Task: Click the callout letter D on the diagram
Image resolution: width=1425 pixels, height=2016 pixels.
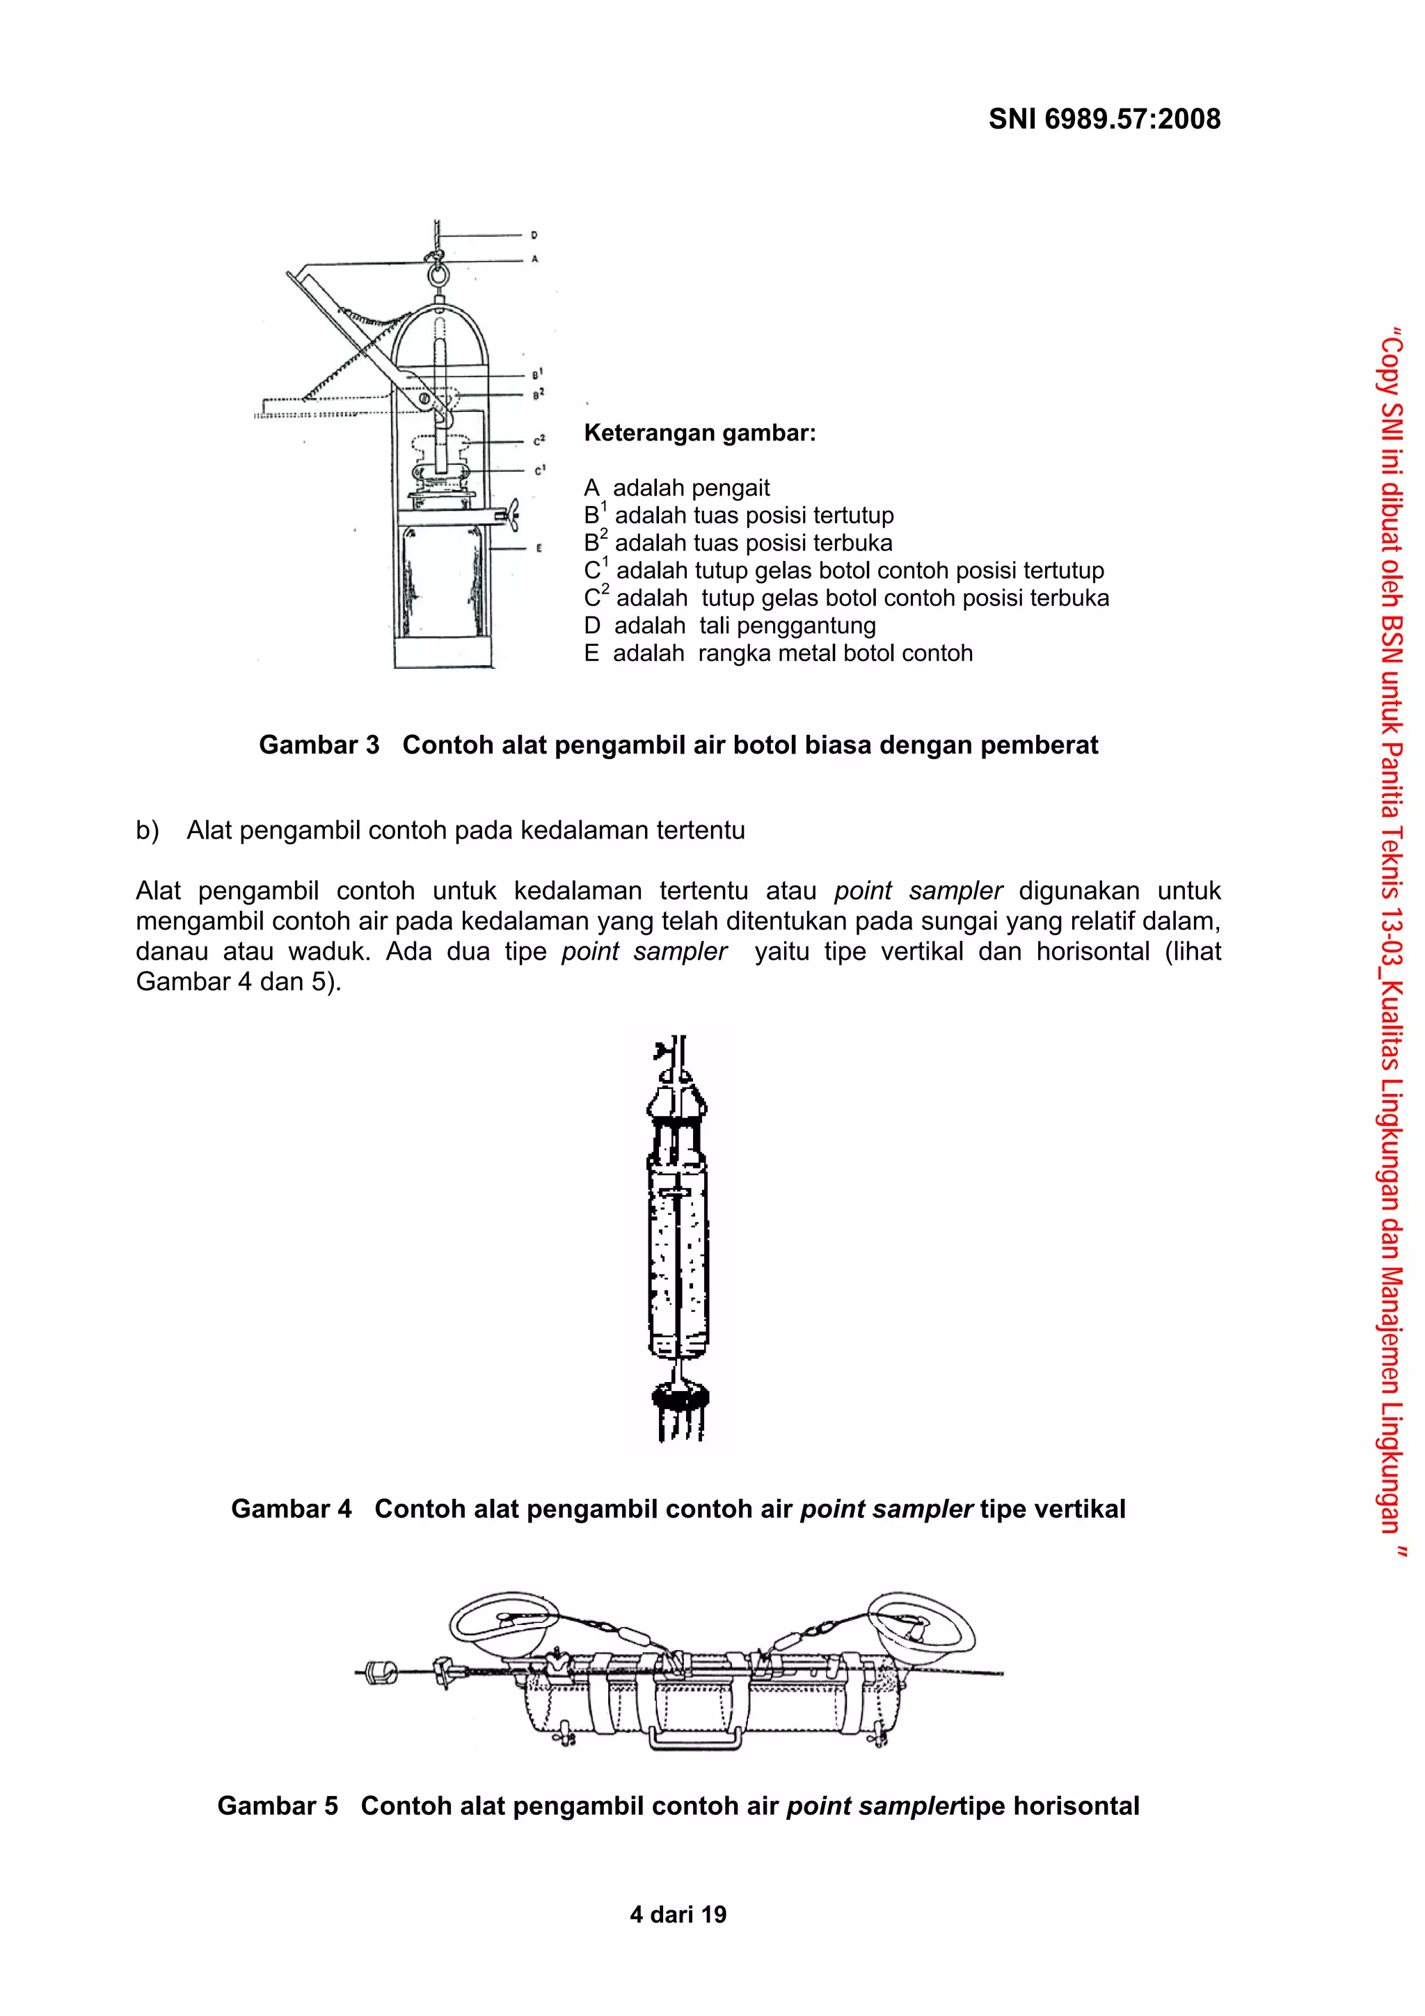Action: [x=534, y=235]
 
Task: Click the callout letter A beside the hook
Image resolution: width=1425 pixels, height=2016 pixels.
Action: [x=534, y=259]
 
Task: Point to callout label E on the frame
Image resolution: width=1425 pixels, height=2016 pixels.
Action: [x=539, y=548]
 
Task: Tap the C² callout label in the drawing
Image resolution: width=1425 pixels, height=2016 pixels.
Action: [x=539, y=439]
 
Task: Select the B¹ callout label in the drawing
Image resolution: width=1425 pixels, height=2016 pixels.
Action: [x=537, y=374]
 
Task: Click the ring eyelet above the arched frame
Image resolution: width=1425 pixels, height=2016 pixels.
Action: [x=436, y=276]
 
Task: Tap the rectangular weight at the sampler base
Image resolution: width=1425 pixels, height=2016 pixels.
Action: [x=443, y=651]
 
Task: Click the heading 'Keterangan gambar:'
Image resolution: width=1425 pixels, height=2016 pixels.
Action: [x=700, y=433]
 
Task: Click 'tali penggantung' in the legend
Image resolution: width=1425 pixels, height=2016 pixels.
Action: [x=788, y=626]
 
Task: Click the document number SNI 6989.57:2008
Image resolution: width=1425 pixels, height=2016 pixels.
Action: [x=1104, y=120]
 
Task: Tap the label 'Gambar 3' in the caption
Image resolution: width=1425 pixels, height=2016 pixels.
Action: [x=319, y=745]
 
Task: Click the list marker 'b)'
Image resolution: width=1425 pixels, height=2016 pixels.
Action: [x=148, y=831]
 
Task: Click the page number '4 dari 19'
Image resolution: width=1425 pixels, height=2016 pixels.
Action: [x=678, y=1915]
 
